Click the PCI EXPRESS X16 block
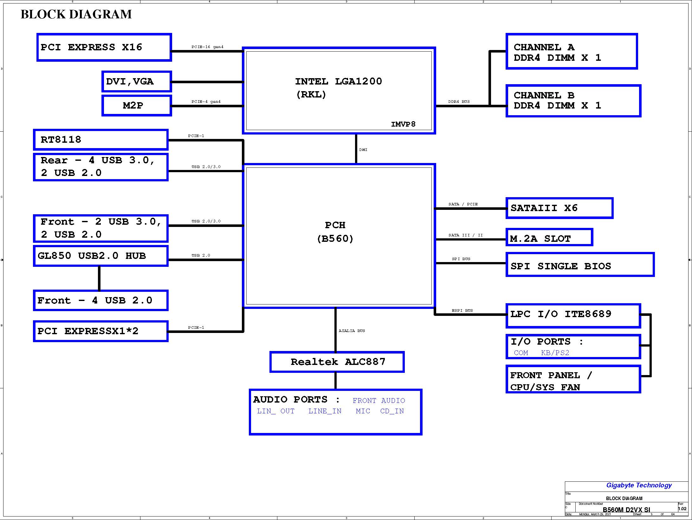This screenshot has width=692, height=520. (x=104, y=47)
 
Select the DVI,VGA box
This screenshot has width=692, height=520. (x=137, y=82)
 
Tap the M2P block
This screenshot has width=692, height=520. (x=137, y=105)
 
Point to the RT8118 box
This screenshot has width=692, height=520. (x=101, y=140)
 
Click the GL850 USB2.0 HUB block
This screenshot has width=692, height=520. (x=101, y=256)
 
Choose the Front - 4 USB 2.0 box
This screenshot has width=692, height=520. (x=101, y=300)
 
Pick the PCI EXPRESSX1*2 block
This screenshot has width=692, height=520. (x=101, y=331)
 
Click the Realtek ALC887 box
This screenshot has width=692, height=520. (x=337, y=362)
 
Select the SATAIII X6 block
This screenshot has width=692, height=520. (x=559, y=208)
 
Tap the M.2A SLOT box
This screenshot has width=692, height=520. (x=549, y=237)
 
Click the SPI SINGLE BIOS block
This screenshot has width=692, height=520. (x=580, y=264)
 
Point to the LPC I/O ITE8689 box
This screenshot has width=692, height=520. (x=573, y=316)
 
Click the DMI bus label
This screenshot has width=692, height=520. (x=363, y=150)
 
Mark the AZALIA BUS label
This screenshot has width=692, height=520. (x=352, y=331)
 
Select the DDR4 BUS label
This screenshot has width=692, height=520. (x=459, y=102)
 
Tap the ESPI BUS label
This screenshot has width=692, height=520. (x=462, y=310)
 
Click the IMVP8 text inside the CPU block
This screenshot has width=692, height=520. (x=403, y=124)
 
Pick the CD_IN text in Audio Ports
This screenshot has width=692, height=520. (x=392, y=411)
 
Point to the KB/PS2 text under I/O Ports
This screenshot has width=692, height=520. (x=555, y=353)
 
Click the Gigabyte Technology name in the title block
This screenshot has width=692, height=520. (x=639, y=485)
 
